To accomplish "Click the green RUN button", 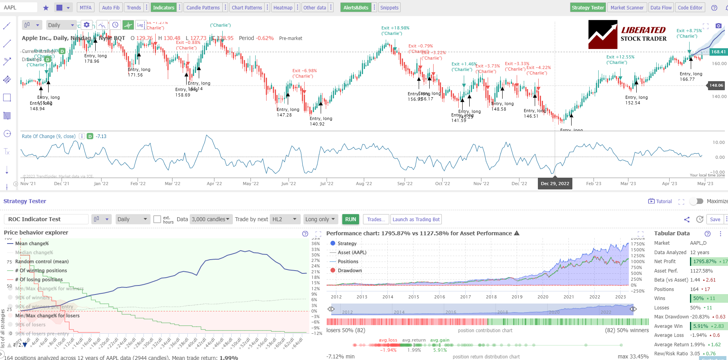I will point(350,219).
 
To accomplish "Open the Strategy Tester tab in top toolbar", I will point(587,7).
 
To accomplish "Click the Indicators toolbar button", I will point(163,7).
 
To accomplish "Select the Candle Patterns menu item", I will point(203,7).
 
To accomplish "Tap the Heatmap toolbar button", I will point(283,7).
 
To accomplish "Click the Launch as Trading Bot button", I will point(416,219).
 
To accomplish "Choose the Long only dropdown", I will point(320,219).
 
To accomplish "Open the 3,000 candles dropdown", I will point(210,219).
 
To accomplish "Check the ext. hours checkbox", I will point(157,219).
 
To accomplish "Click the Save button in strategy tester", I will point(715,219).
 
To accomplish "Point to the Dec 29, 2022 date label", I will point(555,184).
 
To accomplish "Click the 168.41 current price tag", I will point(718,52).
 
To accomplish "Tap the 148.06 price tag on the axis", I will point(716,85).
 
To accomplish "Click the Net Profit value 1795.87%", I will point(704,262).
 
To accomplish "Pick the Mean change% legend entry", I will point(32,244).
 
